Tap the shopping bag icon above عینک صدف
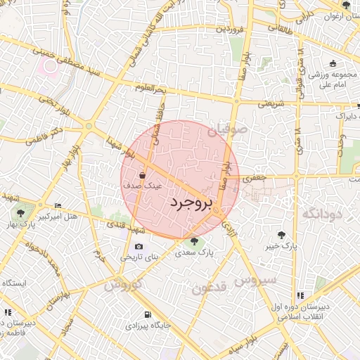[x=143, y=175]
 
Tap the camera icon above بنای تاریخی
[x=138, y=247]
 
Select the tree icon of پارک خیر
[x=282, y=235]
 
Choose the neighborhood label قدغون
[x=209, y=288]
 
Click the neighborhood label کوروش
[x=123, y=285]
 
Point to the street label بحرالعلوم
[x=150, y=89]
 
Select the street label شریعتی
[x=270, y=103]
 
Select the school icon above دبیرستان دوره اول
[x=301, y=295]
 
